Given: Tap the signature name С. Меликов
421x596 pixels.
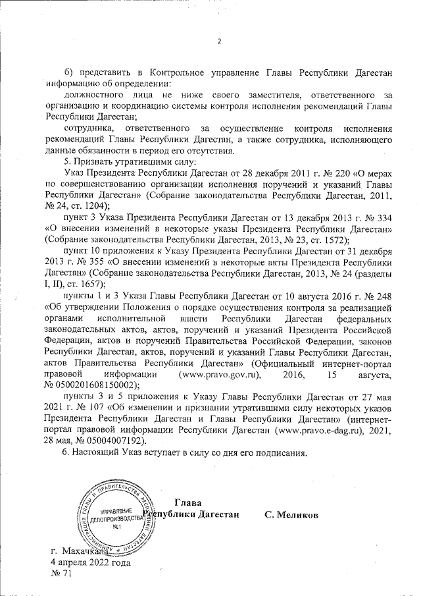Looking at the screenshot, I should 291,514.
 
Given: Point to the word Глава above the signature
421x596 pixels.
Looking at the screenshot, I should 189,503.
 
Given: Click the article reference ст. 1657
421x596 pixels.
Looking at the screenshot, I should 84,284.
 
